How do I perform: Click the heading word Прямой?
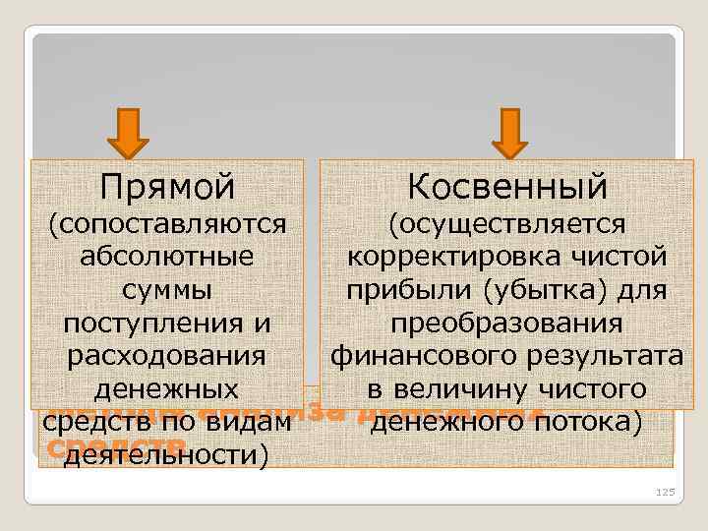[x=167, y=185]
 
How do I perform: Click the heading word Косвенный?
[x=508, y=185]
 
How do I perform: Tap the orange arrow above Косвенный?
[x=508, y=133]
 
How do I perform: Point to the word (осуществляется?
[x=508, y=224]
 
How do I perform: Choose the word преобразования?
[x=508, y=324]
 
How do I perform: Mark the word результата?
[x=600, y=356]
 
